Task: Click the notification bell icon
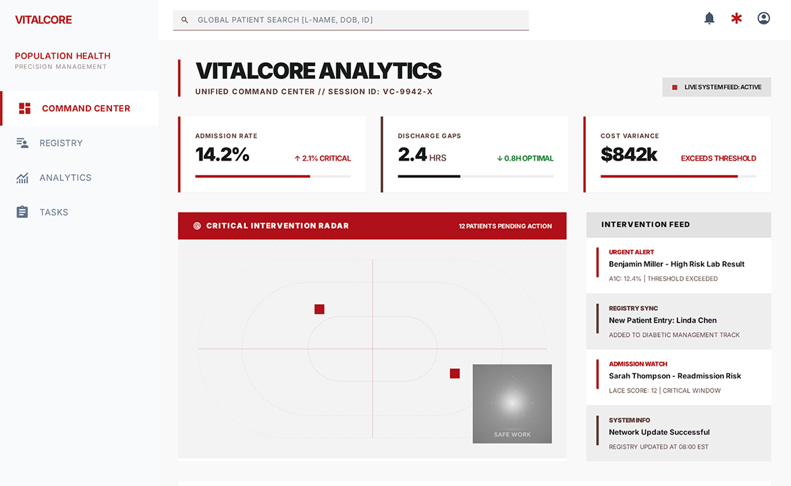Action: tap(709, 19)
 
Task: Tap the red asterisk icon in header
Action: tap(736, 19)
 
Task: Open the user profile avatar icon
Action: tap(764, 19)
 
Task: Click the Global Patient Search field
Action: tap(350, 20)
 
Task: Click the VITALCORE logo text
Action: tap(43, 20)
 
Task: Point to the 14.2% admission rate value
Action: tap(223, 155)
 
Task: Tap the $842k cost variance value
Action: tap(628, 155)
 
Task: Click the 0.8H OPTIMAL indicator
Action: tap(525, 159)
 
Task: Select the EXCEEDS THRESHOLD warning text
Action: tap(718, 159)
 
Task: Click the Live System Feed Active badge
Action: tap(716, 87)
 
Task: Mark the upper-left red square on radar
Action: tap(319, 309)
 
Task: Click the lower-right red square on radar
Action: tap(454, 373)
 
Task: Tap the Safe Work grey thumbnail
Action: tap(512, 404)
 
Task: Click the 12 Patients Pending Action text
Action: tap(505, 226)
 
